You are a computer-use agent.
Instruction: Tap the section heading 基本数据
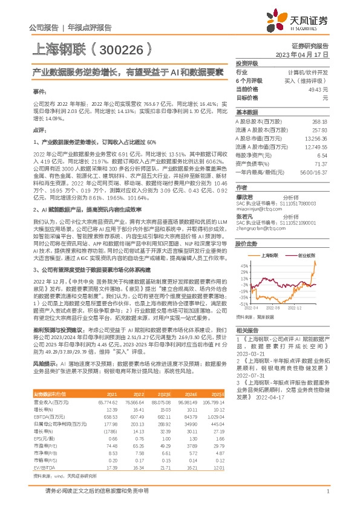coord(246,112)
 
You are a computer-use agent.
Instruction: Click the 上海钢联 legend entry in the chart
coord(272,256)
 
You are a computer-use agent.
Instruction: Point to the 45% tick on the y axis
coord(244,265)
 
